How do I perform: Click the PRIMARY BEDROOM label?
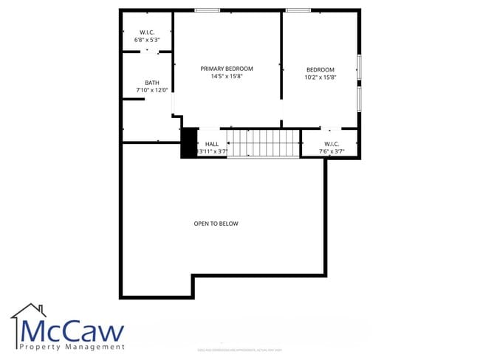click(227, 69)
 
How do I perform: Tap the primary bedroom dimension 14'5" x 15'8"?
click(227, 76)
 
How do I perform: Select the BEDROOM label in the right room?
click(320, 70)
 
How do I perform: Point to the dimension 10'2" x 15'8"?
click(320, 77)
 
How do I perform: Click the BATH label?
click(151, 83)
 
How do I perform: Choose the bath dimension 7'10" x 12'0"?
click(152, 90)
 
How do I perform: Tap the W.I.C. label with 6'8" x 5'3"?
click(146, 32)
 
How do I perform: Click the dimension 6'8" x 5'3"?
click(146, 40)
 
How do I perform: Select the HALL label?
click(212, 144)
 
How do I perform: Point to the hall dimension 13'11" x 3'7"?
click(211, 151)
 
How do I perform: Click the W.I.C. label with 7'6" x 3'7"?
click(330, 144)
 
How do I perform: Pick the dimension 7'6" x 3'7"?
click(330, 151)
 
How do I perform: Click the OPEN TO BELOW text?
click(216, 224)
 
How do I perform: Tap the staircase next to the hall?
click(263, 142)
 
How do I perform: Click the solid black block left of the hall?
click(188, 142)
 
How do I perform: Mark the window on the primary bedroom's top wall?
click(208, 10)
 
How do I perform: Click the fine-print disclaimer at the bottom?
click(240, 350)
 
